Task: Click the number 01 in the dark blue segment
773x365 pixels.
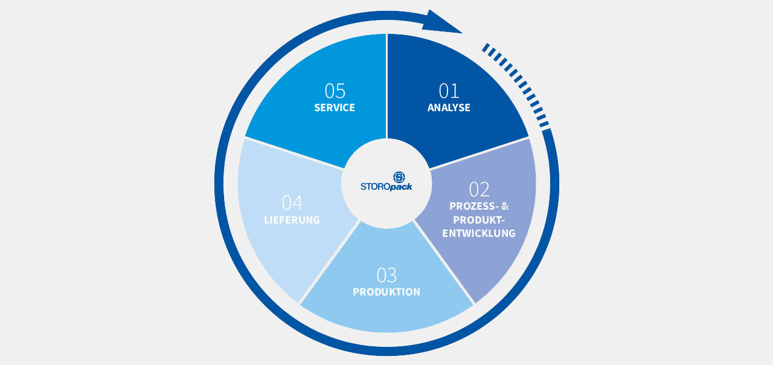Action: pos(449,91)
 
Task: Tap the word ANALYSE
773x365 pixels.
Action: pos(449,108)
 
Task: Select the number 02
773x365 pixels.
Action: pos(479,190)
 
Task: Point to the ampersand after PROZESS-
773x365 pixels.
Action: pos(505,206)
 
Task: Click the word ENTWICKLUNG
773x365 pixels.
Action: pos(479,233)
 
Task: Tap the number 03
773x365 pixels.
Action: pos(386,276)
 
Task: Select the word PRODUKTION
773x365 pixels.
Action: pos(386,292)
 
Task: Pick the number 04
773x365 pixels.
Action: pos(292,203)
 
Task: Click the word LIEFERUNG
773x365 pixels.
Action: pos(292,220)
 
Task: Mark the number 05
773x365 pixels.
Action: pos(335,91)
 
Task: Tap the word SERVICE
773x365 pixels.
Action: pos(335,108)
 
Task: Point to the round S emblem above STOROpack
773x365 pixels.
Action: pos(399,177)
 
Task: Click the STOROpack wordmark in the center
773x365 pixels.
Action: pos(386,187)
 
